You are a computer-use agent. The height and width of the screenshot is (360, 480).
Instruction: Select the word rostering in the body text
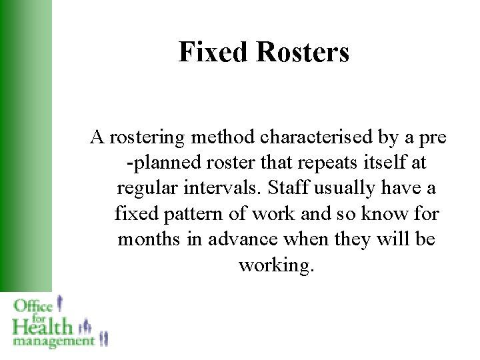point(147,138)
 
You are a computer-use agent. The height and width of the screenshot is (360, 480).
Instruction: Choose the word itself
point(379,163)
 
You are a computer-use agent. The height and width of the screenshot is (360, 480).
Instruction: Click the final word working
point(275,265)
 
